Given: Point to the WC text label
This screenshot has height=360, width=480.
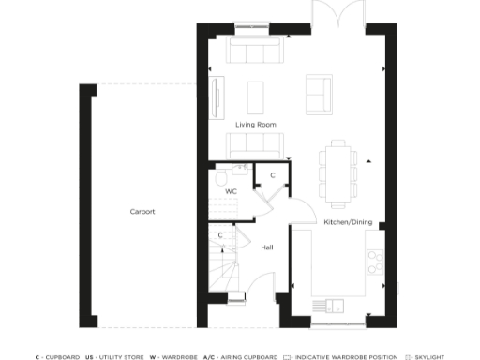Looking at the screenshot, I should tap(231, 191).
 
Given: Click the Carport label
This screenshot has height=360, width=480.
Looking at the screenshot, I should tap(142, 211).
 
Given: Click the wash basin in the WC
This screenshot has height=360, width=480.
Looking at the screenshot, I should tap(240, 169).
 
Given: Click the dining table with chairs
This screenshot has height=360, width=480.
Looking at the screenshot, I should tap(336, 171).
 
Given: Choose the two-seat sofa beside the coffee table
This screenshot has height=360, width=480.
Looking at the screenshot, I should tap(318, 92).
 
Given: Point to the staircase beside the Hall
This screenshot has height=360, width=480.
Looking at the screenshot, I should tap(222, 272).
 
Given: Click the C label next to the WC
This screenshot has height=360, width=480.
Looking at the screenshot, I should tap(272, 175).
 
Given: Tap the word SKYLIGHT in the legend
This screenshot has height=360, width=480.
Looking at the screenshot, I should tap(430, 357).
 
